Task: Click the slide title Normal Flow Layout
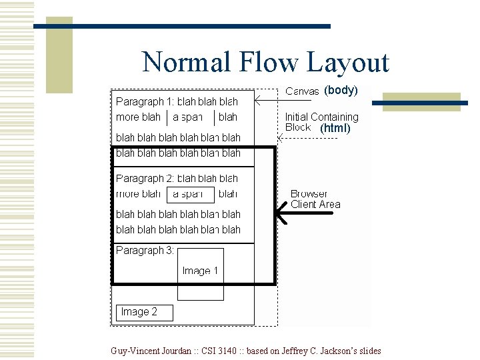pos(265,63)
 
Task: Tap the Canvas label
pos(302,91)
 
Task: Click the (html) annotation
pos(335,128)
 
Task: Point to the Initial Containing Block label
pos(321,117)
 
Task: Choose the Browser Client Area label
pos(315,199)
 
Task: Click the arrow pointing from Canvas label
pos(266,101)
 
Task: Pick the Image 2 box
pos(145,312)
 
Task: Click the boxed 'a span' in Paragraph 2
pos(190,194)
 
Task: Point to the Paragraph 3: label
pos(145,251)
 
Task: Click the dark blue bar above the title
pos(183,27)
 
